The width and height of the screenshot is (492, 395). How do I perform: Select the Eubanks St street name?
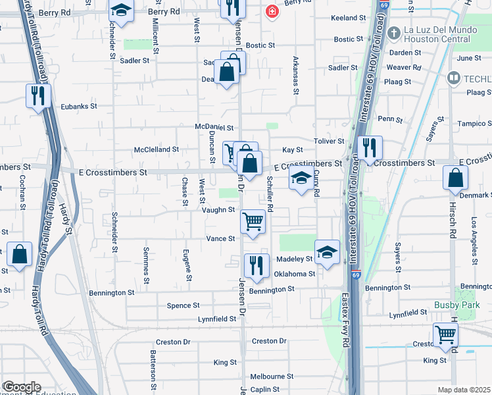point(79,105)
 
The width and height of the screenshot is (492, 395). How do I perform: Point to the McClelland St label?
point(157,149)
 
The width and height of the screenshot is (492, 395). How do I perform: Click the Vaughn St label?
point(218,209)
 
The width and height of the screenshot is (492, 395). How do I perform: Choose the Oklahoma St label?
point(295,274)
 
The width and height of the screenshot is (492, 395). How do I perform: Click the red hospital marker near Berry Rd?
point(271,12)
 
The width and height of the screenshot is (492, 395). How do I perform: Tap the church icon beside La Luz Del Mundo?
point(393,32)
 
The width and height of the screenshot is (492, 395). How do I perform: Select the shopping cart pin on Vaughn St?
point(253,221)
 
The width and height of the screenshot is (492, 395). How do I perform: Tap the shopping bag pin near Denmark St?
point(455,178)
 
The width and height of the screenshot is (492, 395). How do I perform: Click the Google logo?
point(22,387)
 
